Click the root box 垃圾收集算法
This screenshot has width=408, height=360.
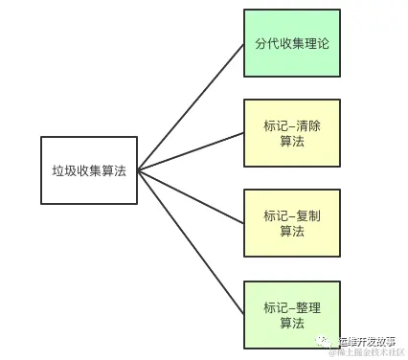(89, 170)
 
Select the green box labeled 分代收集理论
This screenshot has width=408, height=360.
(292, 43)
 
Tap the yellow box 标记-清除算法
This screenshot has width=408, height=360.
(292, 134)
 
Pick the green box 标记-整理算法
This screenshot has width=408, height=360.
(292, 315)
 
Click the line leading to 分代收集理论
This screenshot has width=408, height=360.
(192, 107)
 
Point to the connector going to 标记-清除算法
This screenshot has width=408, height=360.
(192, 152)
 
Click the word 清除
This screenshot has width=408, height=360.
(307, 125)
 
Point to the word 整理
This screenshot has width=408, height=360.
(307, 306)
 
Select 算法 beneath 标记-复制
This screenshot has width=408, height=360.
(292, 233)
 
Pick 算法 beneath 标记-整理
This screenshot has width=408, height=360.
(292, 324)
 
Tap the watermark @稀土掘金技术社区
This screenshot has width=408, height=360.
(367, 352)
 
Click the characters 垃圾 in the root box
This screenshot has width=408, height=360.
(63, 170)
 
